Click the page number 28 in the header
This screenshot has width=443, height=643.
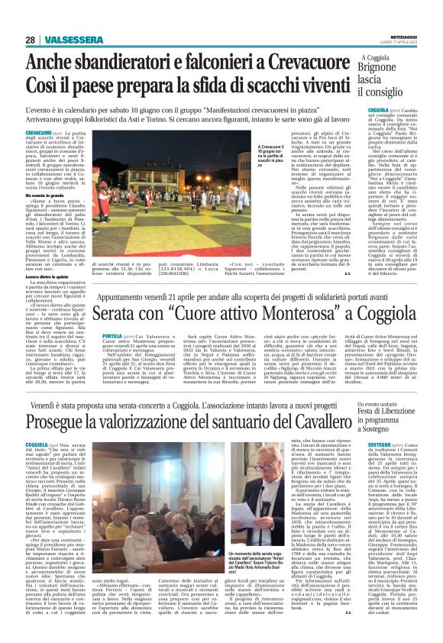click(30, 40)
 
